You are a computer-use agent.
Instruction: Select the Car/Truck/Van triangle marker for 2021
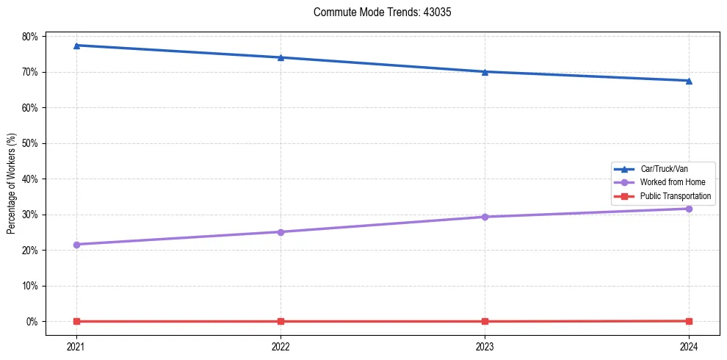[76, 46]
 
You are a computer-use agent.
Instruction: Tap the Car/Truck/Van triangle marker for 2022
[281, 57]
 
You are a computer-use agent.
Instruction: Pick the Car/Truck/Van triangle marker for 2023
[485, 72]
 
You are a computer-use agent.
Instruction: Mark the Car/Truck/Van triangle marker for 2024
[689, 81]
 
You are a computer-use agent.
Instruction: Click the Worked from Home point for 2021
[76, 245]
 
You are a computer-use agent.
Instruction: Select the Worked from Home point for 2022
[281, 232]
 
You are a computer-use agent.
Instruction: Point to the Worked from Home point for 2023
[485, 217]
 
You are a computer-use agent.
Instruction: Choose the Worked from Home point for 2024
[689, 209]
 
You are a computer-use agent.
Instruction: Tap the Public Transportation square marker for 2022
[281, 321]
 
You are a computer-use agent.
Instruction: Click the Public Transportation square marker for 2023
[485, 321]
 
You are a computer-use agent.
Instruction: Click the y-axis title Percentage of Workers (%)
[12, 184]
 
